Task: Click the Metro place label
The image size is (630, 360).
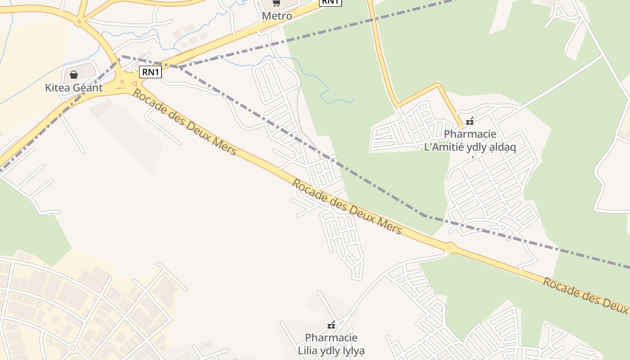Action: [x=277, y=16]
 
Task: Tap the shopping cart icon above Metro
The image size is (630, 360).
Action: [x=276, y=4]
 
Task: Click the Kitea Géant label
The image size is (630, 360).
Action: [x=74, y=88]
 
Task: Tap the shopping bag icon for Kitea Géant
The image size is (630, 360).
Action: [x=74, y=74]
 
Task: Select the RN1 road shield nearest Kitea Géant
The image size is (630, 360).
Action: [x=150, y=72]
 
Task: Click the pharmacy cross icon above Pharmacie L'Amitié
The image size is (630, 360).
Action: [x=470, y=121]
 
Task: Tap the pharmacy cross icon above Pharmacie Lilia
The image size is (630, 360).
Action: [x=331, y=325]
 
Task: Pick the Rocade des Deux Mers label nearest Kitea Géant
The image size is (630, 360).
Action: [x=184, y=122]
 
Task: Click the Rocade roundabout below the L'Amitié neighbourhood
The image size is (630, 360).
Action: [x=450, y=247]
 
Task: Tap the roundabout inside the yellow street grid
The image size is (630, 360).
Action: [x=72, y=348]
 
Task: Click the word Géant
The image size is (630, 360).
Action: [x=88, y=88]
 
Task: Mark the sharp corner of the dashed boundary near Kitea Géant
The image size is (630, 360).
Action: [x=121, y=56]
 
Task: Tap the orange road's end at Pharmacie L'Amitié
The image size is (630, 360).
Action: [x=461, y=127]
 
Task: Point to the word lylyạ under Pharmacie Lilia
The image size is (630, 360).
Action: [x=350, y=350]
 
